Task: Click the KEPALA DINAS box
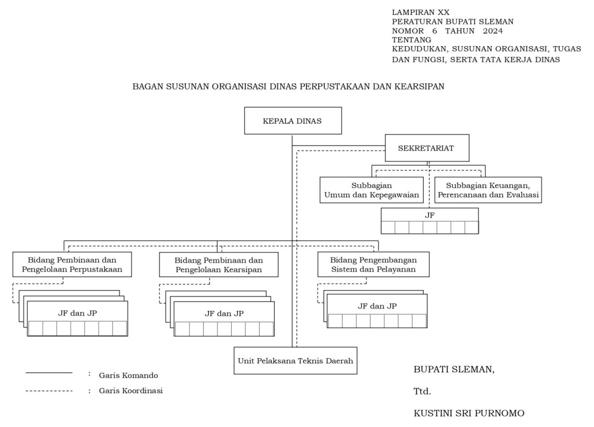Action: pos(293,121)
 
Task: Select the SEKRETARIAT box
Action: pos(427,148)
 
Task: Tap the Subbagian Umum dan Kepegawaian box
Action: pos(371,190)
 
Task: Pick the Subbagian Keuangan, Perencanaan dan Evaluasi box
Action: pos(488,190)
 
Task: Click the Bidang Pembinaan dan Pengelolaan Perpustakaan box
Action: pos(72,264)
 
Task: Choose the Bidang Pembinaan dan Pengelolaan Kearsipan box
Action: pos(219,265)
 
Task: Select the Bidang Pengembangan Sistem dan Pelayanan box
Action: pos(373,264)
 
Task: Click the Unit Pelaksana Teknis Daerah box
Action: pos(295,361)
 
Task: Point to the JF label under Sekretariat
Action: pos(429,215)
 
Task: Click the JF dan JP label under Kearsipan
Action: pos(224,313)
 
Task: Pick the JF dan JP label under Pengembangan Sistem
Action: pos(377,306)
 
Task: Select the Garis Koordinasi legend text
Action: pos(131,391)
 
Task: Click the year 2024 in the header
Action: pos(493,31)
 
